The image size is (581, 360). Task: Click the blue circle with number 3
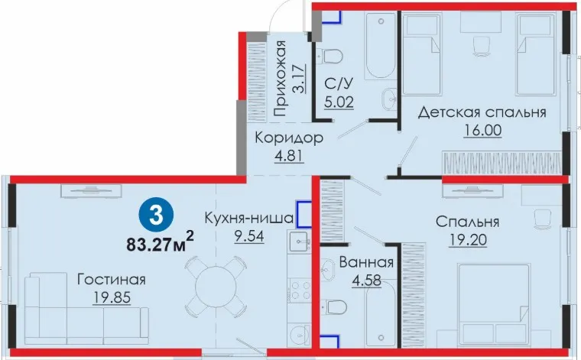click(156, 216)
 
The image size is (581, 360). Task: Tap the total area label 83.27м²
click(160, 242)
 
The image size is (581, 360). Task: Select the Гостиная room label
click(111, 280)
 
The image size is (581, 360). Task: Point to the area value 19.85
click(112, 297)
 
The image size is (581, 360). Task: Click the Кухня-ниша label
click(249, 218)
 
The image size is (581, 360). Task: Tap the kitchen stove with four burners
click(300, 290)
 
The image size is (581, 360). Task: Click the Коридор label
click(289, 138)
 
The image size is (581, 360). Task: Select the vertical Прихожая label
click(281, 78)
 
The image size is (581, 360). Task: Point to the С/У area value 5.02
click(339, 102)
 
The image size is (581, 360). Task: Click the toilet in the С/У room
click(333, 57)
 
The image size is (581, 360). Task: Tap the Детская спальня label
click(482, 112)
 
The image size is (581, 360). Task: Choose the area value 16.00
click(482, 131)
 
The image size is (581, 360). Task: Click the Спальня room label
click(468, 222)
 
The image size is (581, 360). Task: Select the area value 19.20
click(468, 240)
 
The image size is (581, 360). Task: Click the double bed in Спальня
click(493, 305)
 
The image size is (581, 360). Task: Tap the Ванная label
click(366, 263)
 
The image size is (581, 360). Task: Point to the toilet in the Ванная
click(336, 307)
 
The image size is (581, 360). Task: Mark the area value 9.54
click(249, 236)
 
